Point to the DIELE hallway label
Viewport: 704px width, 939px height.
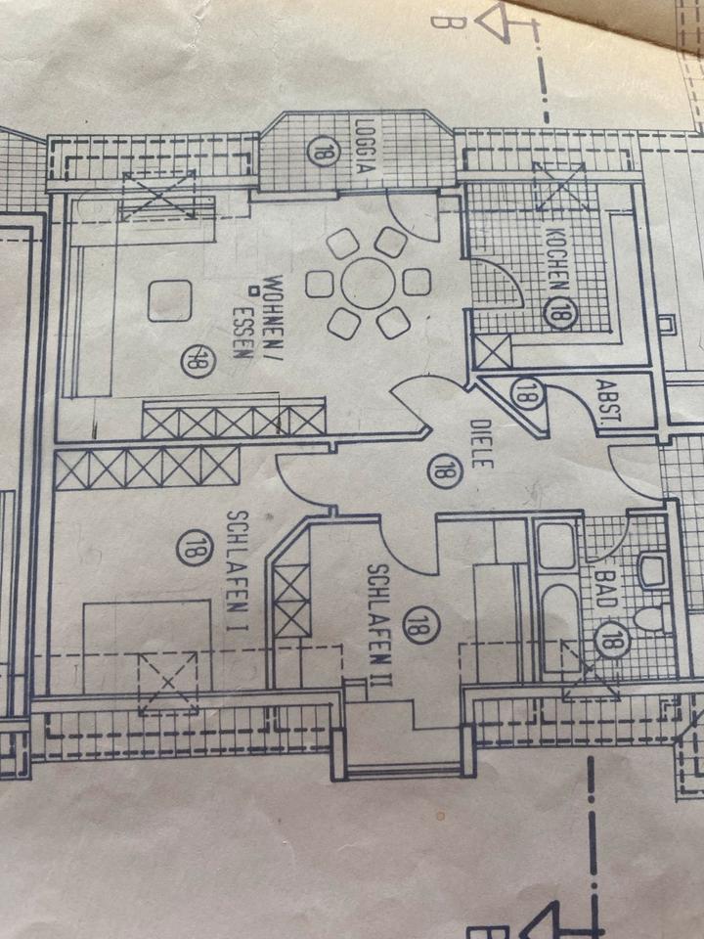click(478, 444)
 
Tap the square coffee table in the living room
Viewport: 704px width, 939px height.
click(169, 300)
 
